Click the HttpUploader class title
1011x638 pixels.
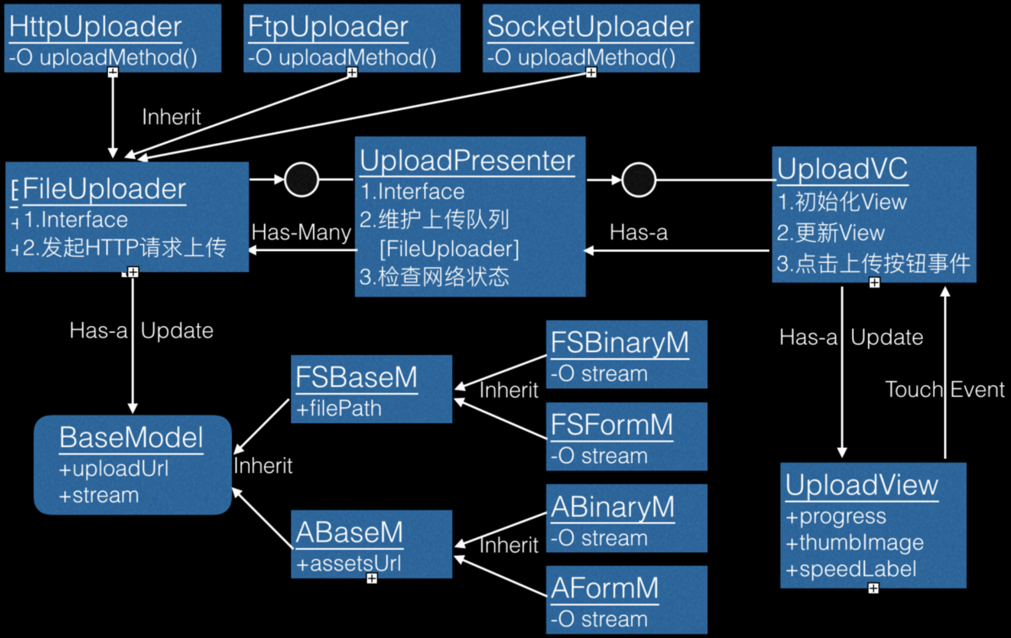(95, 27)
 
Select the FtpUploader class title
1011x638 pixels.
(328, 27)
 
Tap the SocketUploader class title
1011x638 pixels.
(590, 27)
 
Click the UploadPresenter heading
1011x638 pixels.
(467, 160)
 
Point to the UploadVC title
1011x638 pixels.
(842, 169)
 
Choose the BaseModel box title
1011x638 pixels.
(131, 438)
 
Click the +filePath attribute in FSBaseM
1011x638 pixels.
(339, 408)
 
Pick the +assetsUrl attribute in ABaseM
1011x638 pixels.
(348, 563)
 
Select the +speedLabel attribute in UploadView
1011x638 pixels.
(851, 569)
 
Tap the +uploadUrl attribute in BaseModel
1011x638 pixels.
(113, 469)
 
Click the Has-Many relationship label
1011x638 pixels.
(301, 232)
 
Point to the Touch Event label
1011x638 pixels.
(944, 389)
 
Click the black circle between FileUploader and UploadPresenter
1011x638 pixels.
(301, 179)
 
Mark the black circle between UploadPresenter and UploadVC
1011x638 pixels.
(639, 179)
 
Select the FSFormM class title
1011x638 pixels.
(612, 425)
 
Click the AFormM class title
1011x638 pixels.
(605, 588)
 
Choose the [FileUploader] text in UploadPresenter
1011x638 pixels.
(449, 249)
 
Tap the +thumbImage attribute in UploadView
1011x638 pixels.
(854, 542)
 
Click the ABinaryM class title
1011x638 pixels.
(613, 507)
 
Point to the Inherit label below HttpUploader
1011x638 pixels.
(172, 117)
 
